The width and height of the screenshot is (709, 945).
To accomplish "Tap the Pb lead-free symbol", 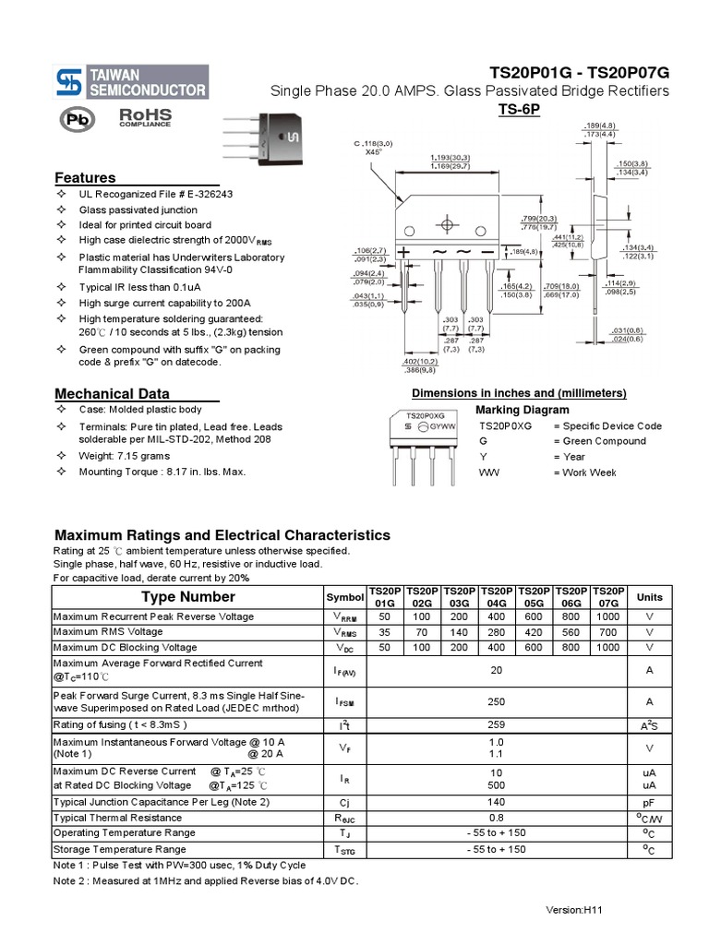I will point(78,119).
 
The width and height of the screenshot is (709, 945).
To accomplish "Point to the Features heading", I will point(85,177).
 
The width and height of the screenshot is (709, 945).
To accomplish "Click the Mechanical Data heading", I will point(112,393).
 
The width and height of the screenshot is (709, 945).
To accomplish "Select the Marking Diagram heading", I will point(522,410).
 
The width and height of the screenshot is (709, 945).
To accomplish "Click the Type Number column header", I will point(188,597).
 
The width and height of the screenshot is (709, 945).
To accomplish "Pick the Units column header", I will point(649,597).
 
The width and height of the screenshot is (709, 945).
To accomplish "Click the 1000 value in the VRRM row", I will point(608,616).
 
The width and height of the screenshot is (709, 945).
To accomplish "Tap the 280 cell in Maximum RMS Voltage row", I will point(496,632).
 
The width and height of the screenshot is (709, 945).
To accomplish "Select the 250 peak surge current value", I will point(496,701).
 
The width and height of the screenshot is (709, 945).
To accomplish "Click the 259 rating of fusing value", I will point(496,725).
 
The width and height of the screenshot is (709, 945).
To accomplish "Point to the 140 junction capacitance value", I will point(496,802).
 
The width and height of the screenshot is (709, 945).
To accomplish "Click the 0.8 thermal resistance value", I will point(496,818).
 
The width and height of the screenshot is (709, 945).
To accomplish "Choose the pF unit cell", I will point(649,802).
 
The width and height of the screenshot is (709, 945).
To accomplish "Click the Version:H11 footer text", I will point(573,910).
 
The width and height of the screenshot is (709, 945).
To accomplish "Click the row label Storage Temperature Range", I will point(120,849).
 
